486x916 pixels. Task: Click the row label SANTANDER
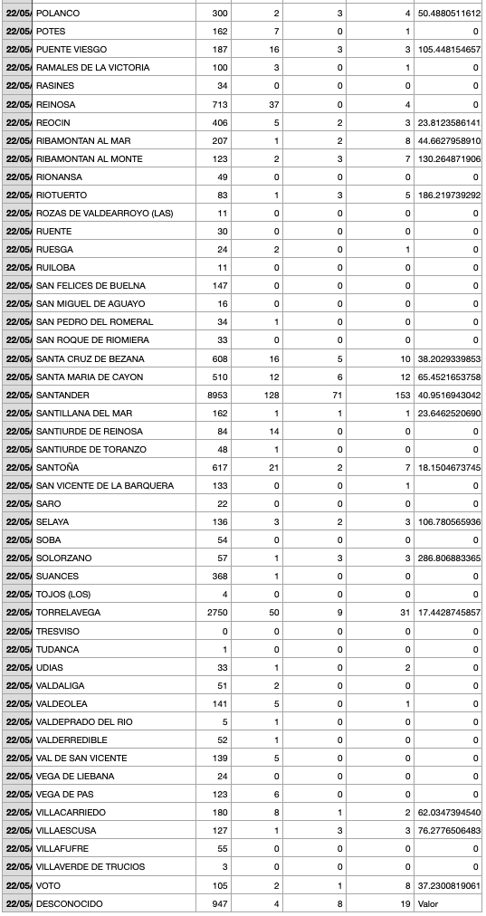click(62, 395)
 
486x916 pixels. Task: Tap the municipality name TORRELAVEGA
click(68, 613)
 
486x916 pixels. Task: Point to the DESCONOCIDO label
click(69, 903)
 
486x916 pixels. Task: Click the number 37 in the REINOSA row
click(273, 104)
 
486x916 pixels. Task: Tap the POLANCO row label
click(57, 14)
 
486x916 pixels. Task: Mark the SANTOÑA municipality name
click(57, 467)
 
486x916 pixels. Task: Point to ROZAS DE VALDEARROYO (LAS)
click(104, 213)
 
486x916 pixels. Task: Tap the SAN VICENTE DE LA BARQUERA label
click(104, 485)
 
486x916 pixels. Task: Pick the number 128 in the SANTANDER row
click(271, 395)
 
